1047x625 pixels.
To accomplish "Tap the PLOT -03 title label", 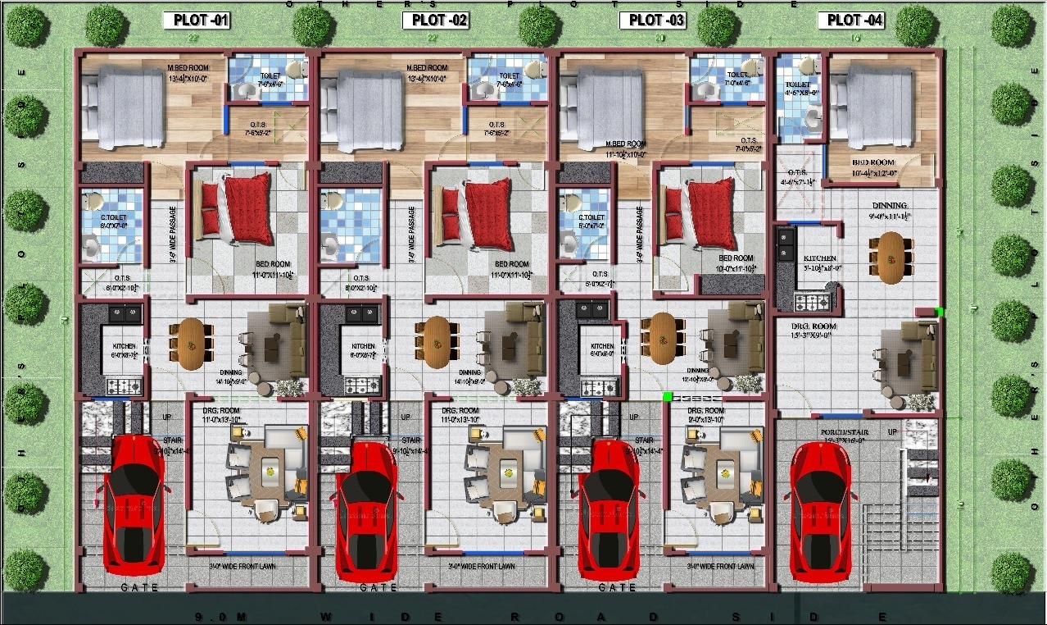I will tap(652, 21).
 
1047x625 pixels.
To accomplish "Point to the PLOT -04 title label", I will tap(855, 21).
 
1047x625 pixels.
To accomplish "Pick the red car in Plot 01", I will tap(134, 500).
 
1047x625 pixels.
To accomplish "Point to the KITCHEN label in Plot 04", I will tap(819, 258).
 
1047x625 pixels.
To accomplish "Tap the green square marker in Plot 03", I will tap(667, 396).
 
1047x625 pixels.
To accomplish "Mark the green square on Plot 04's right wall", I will tap(939, 312).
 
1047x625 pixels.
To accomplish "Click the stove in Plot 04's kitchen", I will tap(814, 303).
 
